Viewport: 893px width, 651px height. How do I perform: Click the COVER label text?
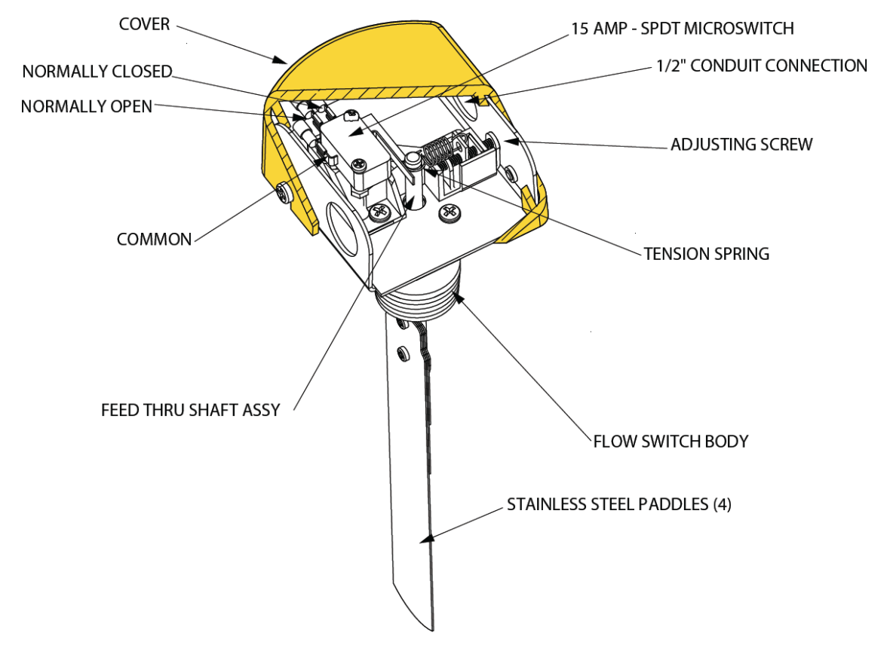(x=144, y=24)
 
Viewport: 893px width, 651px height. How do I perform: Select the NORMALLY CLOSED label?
(x=97, y=72)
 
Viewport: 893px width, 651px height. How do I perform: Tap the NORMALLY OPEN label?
(x=86, y=106)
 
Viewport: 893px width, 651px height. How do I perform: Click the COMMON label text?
(x=154, y=240)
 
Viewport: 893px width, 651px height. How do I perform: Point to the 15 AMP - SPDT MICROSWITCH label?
(x=681, y=29)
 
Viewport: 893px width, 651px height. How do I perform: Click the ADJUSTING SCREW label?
(x=741, y=144)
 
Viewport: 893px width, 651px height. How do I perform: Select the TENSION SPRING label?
(x=706, y=254)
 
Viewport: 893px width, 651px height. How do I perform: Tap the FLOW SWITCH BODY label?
(x=671, y=441)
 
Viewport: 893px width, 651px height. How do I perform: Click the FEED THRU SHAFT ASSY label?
(x=190, y=410)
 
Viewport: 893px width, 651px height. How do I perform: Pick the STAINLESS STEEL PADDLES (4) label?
(x=618, y=504)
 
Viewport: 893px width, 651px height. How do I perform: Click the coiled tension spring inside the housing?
(x=437, y=154)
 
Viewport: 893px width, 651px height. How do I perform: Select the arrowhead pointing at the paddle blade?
(x=425, y=539)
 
